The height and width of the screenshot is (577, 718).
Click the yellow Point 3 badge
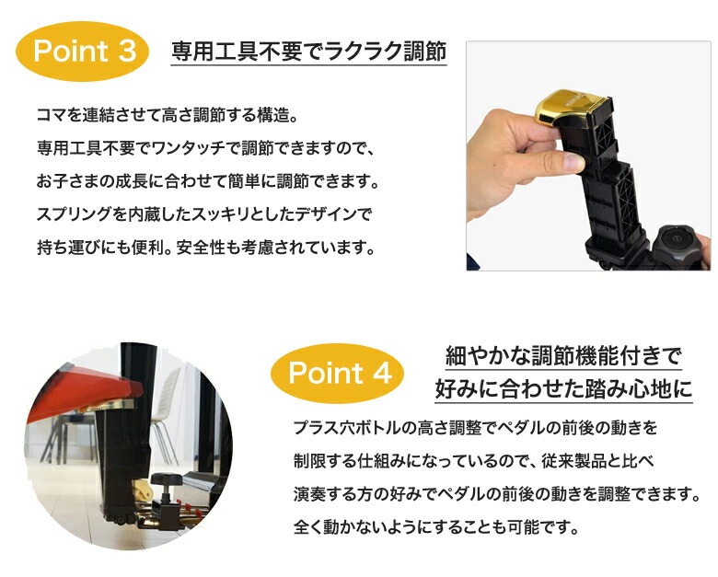[84, 52]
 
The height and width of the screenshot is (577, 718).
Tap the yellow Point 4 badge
[340, 373]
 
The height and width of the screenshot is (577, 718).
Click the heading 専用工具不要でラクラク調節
[308, 51]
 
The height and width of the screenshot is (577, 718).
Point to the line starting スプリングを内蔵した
[202, 215]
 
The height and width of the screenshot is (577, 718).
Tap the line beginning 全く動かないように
[435, 529]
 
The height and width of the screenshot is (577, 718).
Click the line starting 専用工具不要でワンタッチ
[207, 149]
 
